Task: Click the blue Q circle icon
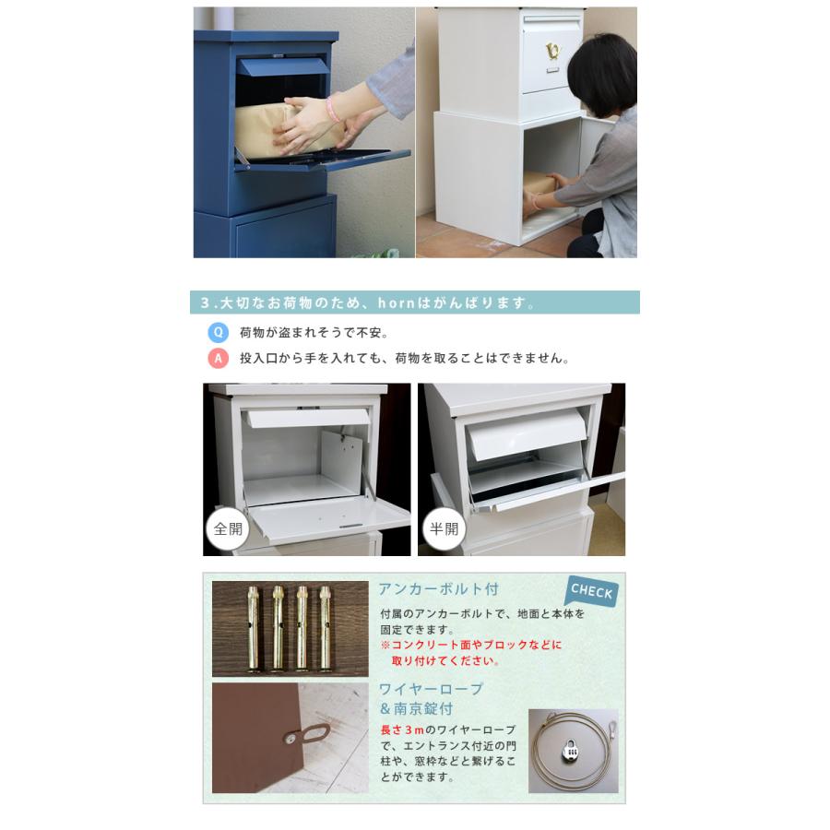219,333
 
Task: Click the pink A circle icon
219,359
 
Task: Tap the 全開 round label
227,529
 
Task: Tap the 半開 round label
442,529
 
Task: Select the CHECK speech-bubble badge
591,591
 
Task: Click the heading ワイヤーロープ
431,689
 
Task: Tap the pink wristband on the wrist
332,108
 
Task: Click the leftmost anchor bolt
255,628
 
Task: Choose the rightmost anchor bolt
325,628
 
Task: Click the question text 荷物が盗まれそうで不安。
314,333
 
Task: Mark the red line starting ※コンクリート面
470,645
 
